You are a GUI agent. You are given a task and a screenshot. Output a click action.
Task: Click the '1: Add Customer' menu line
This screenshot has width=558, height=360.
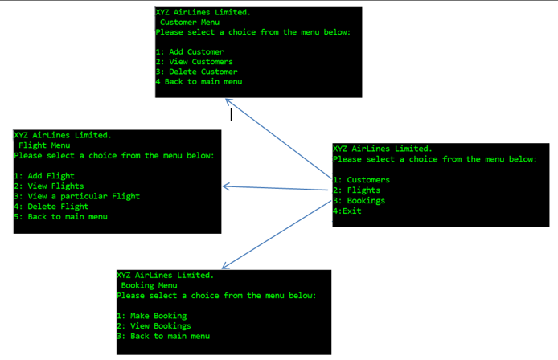pyautogui.click(x=190, y=52)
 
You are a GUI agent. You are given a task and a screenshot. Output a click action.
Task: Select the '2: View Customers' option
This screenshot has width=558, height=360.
pyautogui.click(x=195, y=62)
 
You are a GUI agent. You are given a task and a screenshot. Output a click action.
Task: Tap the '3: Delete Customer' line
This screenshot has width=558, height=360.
pyautogui.click(x=197, y=72)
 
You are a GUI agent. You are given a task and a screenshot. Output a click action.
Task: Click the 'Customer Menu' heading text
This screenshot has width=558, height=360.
pyautogui.click(x=190, y=22)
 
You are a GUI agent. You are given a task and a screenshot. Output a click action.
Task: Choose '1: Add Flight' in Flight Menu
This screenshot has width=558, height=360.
pyautogui.click(x=44, y=176)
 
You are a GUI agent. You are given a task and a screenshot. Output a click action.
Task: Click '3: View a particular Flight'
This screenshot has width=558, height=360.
pyautogui.click(x=77, y=196)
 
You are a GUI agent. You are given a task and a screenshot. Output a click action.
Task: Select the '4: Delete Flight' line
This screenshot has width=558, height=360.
pyautogui.click(x=47, y=207)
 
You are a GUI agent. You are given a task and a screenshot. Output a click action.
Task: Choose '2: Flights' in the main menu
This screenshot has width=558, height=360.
pyautogui.click(x=357, y=190)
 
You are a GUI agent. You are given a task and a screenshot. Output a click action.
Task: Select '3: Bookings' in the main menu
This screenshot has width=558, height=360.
pyautogui.click(x=359, y=201)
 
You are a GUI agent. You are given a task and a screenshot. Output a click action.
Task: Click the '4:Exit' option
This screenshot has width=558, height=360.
pyautogui.click(x=347, y=211)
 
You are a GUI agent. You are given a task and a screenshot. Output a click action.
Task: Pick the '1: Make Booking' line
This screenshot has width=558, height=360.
pyautogui.click(x=152, y=317)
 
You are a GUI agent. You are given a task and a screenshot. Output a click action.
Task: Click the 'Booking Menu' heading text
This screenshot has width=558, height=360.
pyautogui.click(x=149, y=285)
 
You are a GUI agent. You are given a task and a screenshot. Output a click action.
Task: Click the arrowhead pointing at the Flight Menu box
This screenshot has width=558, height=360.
pyautogui.click(x=225, y=186)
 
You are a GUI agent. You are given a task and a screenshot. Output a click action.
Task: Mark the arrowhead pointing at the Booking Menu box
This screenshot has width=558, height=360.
pyautogui.click(x=225, y=266)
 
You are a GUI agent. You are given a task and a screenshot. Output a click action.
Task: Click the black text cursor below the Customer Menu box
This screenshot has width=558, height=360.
pyautogui.click(x=232, y=114)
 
